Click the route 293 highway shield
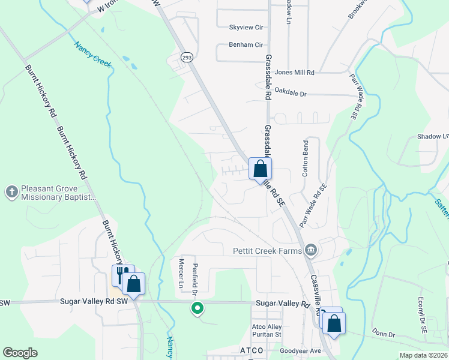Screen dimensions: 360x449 (186, 56)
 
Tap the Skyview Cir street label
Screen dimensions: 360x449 (246, 28)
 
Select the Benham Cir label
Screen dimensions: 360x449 (246, 44)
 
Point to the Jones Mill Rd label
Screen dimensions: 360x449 (294, 72)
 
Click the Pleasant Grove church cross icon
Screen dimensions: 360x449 (11, 192)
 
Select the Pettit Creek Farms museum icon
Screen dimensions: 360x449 (310, 250)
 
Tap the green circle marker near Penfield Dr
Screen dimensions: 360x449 (197, 309)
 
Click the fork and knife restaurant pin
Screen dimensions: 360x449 (120, 275)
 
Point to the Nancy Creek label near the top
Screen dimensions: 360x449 (93, 54)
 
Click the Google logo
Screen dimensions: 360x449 (20, 353)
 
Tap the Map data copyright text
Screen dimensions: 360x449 (423, 355)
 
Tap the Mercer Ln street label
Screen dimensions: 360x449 (181, 272)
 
